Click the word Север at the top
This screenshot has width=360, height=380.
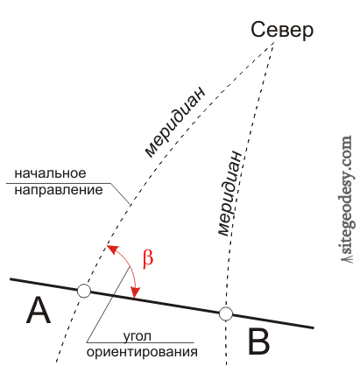(282, 30)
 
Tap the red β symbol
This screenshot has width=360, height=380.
(148, 258)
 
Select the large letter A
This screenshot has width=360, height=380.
(39, 310)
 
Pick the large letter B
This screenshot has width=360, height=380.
(258, 341)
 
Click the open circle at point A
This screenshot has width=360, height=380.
(84, 291)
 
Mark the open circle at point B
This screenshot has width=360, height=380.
(226, 314)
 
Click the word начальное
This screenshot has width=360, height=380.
(50, 173)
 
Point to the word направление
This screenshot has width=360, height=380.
(59, 191)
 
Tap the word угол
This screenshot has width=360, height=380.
(137, 336)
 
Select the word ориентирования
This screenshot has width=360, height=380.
(142, 352)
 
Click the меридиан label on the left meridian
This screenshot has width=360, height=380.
(174, 122)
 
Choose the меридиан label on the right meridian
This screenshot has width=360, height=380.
(230, 194)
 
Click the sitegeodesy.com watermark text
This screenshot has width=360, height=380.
(348, 195)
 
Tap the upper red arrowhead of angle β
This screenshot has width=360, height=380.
(112, 250)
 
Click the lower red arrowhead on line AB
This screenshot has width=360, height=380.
(135, 292)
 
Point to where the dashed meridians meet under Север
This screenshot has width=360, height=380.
(274, 42)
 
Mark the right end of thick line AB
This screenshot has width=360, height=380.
(314, 327)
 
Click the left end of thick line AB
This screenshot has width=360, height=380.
(11, 279)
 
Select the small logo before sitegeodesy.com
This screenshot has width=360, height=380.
(348, 259)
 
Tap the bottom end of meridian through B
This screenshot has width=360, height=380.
(226, 364)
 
